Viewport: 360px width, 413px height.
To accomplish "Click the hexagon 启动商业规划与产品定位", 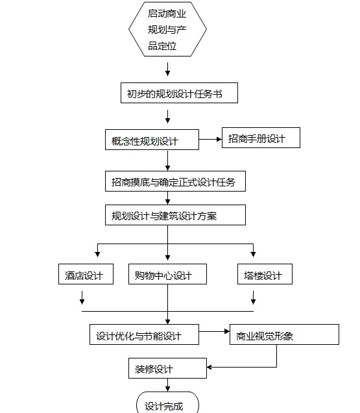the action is click(167, 29).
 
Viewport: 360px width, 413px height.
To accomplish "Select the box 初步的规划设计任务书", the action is click(179, 93).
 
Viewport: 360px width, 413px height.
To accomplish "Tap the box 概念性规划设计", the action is click(152, 140).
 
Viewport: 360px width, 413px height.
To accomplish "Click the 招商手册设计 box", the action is click(261, 138).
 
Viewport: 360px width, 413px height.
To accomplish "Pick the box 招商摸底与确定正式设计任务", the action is click(175, 181).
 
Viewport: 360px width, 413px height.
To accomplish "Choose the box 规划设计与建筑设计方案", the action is click(175, 215).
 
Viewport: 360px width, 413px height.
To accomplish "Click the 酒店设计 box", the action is click(86, 274).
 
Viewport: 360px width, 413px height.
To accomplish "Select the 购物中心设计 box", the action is click(167, 274).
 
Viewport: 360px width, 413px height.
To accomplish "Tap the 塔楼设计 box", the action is click(265, 274).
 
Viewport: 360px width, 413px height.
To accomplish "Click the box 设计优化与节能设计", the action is click(144, 334).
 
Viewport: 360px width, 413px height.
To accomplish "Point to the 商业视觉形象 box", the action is click(284, 334).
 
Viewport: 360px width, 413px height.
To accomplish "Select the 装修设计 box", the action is click(167, 368).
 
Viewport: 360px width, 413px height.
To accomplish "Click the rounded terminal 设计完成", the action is click(167, 403).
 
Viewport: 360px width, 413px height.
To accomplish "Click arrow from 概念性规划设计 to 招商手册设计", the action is click(210, 140).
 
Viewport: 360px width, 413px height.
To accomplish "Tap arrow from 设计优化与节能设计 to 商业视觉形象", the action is click(214, 331).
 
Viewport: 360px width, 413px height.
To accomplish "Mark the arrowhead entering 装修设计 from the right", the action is click(210, 367).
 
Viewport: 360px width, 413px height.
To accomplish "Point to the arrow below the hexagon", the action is click(167, 69).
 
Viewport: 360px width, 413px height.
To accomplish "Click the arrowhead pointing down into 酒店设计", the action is click(97, 254).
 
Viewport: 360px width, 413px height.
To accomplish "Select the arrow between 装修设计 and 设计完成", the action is click(167, 385).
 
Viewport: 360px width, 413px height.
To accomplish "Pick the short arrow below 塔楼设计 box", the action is click(253, 297).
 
